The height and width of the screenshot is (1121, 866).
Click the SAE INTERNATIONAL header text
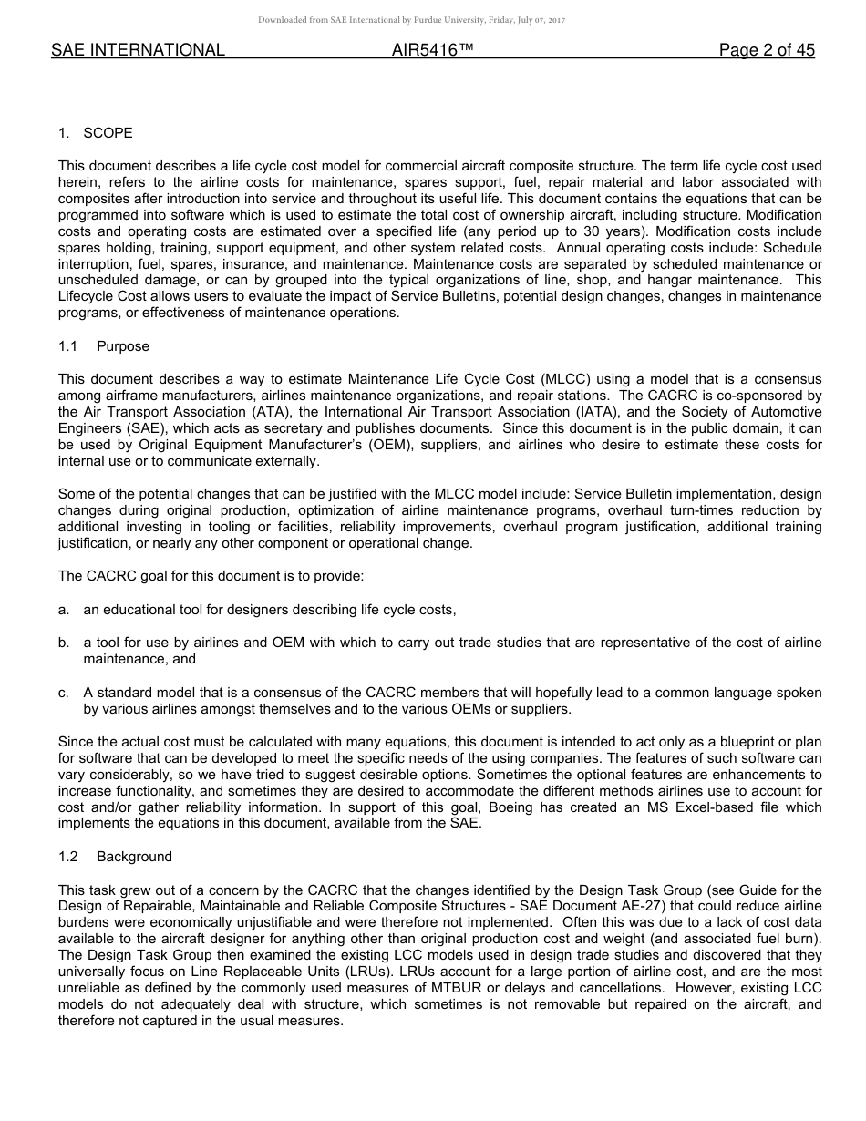[x=138, y=51]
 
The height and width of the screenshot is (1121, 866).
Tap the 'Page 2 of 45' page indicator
[x=767, y=51]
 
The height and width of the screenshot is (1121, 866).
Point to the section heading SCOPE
[x=108, y=133]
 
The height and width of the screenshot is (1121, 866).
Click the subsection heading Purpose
[x=123, y=346]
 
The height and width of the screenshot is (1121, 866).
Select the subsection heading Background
[x=134, y=857]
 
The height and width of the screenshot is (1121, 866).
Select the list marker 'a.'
[x=64, y=610]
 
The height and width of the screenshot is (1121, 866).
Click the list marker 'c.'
[x=64, y=693]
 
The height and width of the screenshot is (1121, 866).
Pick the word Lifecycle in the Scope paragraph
[x=88, y=297]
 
